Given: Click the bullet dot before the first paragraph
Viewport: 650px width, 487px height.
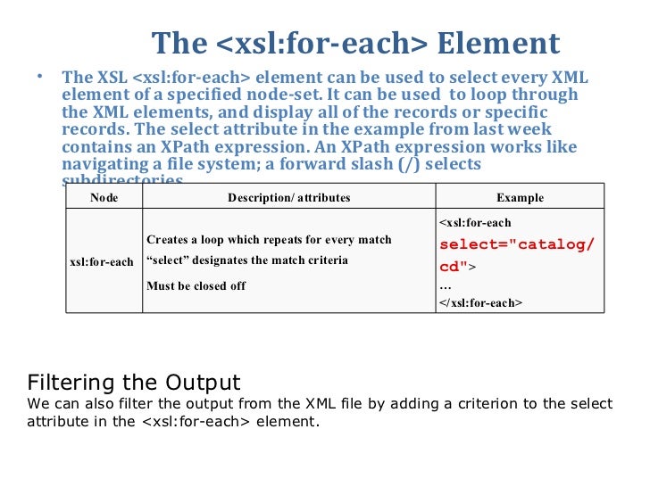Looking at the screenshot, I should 39,77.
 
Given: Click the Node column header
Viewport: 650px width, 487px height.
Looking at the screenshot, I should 104,198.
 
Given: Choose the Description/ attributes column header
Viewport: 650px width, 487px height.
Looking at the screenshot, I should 288,198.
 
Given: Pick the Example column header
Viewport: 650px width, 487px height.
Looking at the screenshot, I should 520,198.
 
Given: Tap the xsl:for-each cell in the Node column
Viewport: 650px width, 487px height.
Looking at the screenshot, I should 102,262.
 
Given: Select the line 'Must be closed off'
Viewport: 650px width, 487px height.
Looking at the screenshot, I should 196,285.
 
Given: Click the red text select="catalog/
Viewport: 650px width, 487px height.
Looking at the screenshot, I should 517,244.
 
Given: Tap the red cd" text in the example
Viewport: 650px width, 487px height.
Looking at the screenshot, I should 454,266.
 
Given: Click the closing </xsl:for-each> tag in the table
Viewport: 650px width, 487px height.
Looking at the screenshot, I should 480,303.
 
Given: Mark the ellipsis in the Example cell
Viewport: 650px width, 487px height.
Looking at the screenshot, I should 446,286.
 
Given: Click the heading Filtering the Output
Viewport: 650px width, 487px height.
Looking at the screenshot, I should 134,383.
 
